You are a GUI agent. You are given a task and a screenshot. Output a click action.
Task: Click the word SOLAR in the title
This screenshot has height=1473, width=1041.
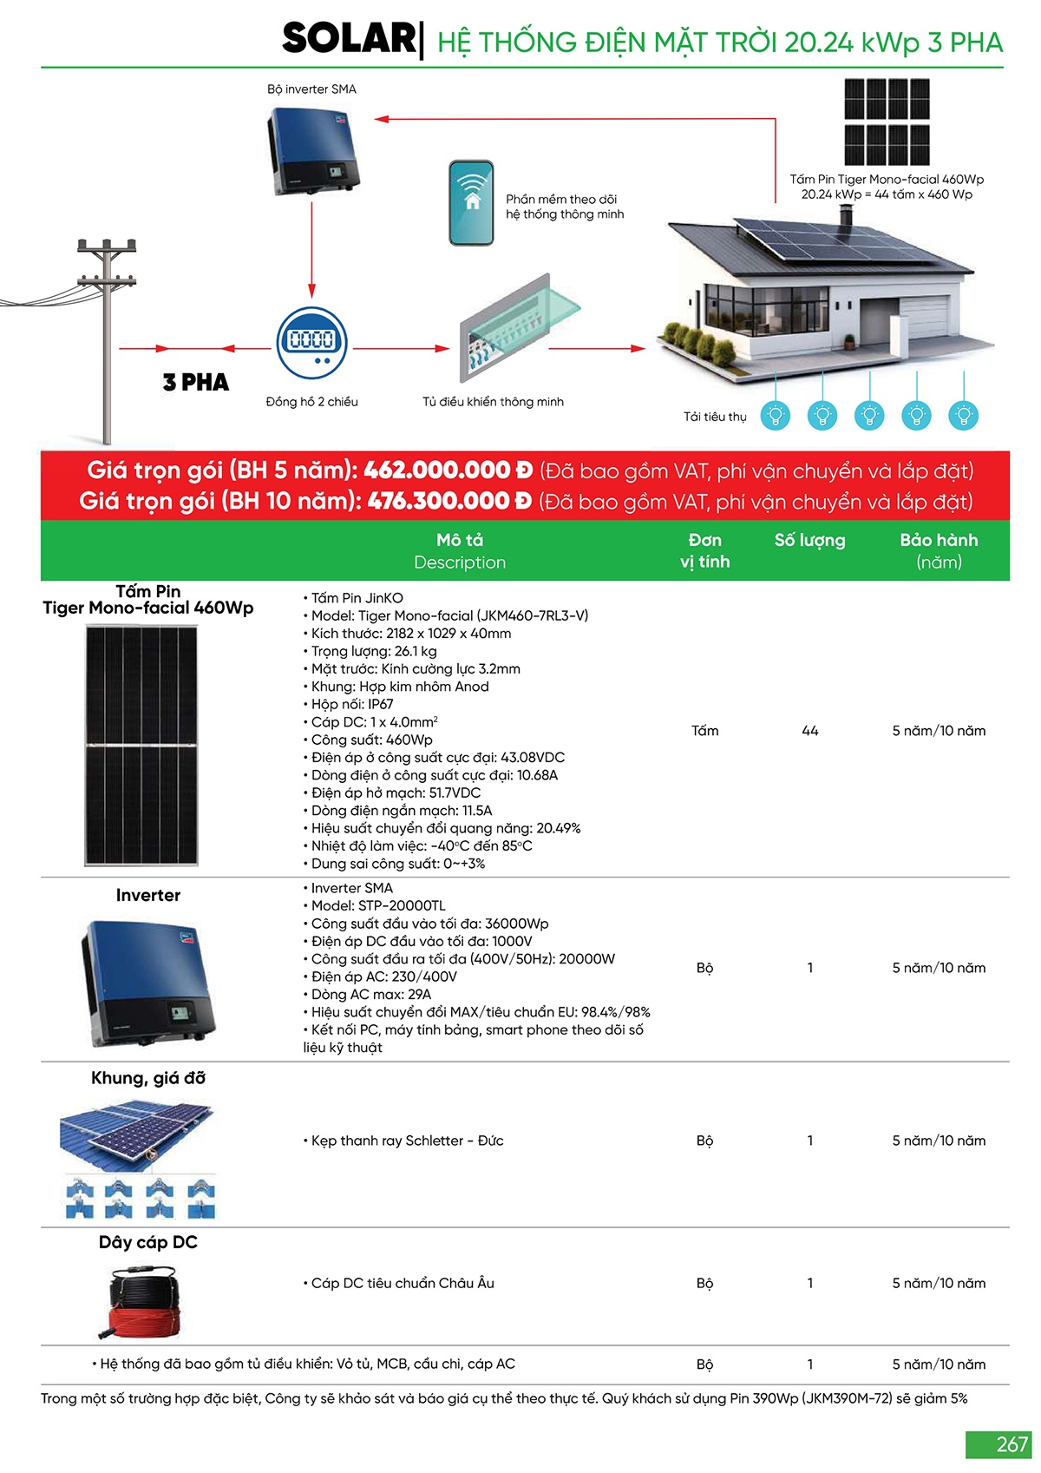(x=349, y=39)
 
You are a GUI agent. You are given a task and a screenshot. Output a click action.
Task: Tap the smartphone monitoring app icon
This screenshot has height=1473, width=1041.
(x=471, y=202)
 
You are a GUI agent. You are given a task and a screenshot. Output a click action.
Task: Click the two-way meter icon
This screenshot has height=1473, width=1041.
(x=311, y=342)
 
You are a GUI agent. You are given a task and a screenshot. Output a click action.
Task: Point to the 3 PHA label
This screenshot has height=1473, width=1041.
(x=196, y=382)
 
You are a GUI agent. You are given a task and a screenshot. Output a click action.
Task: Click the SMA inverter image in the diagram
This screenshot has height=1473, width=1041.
(x=311, y=149)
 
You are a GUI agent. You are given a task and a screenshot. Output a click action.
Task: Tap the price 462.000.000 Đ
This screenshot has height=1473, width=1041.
(x=448, y=470)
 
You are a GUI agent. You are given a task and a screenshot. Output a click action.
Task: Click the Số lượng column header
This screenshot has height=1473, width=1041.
(x=809, y=540)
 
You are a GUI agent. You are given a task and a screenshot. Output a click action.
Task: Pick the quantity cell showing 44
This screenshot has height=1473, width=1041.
(x=809, y=731)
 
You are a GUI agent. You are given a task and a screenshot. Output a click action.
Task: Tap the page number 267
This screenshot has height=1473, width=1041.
(x=1012, y=1444)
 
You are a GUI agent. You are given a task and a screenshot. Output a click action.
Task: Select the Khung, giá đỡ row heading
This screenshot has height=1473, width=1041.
(x=148, y=1078)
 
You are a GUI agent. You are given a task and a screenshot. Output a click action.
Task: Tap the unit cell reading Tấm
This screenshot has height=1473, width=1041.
(x=704, y=731)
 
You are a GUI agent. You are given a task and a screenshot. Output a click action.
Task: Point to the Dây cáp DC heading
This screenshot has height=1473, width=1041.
(x=148, y=1242)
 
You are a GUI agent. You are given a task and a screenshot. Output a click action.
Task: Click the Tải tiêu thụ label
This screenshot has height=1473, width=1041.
(x=714, y=417)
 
